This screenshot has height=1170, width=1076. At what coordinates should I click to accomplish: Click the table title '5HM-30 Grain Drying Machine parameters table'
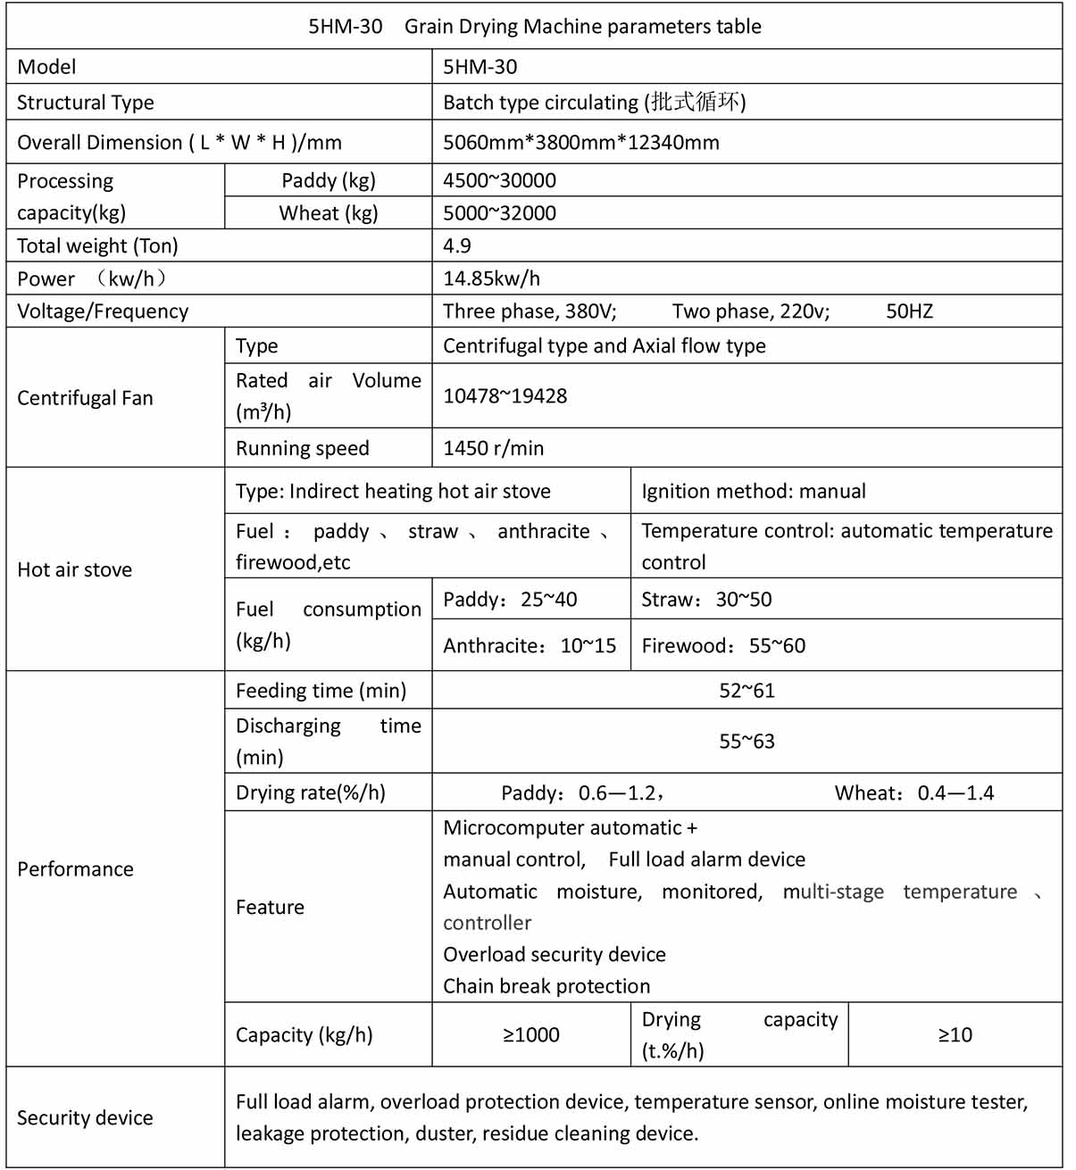[534, 27]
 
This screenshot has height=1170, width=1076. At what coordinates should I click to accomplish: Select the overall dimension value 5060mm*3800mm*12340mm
[580, 143]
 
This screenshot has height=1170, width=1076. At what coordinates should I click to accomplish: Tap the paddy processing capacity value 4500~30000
[499, 180]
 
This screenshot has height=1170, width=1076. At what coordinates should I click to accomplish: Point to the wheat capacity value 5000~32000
[499, 213]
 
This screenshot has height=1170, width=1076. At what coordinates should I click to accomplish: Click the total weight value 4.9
[456, 245]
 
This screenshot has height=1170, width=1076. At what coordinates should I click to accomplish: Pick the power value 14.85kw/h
[491, 278]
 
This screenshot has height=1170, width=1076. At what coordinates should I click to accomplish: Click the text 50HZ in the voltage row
[909, 311]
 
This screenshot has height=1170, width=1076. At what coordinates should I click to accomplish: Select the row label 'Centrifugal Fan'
[85, 398]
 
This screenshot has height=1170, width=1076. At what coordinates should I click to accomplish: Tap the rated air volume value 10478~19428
[505, 396]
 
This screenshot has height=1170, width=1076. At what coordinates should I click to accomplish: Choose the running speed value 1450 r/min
[493, 448]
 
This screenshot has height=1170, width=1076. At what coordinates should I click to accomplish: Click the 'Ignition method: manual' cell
[753, 492]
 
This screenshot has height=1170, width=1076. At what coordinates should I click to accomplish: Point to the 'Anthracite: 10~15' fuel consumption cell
[530, 646]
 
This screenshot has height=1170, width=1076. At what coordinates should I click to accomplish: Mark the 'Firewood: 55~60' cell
[722, 646]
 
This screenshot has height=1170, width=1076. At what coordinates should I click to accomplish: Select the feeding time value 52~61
[747, 691]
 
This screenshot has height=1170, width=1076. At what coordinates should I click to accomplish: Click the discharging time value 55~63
[747, 742]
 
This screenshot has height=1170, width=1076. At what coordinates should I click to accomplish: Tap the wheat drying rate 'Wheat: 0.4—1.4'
[913, 793]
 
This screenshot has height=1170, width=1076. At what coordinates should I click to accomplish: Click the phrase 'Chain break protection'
[546, 986]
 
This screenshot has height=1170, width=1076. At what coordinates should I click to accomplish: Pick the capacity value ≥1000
[531, 1035]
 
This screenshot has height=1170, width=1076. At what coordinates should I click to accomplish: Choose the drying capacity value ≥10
[955, 1035]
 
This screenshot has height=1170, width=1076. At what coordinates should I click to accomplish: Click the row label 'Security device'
[85, 1118]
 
